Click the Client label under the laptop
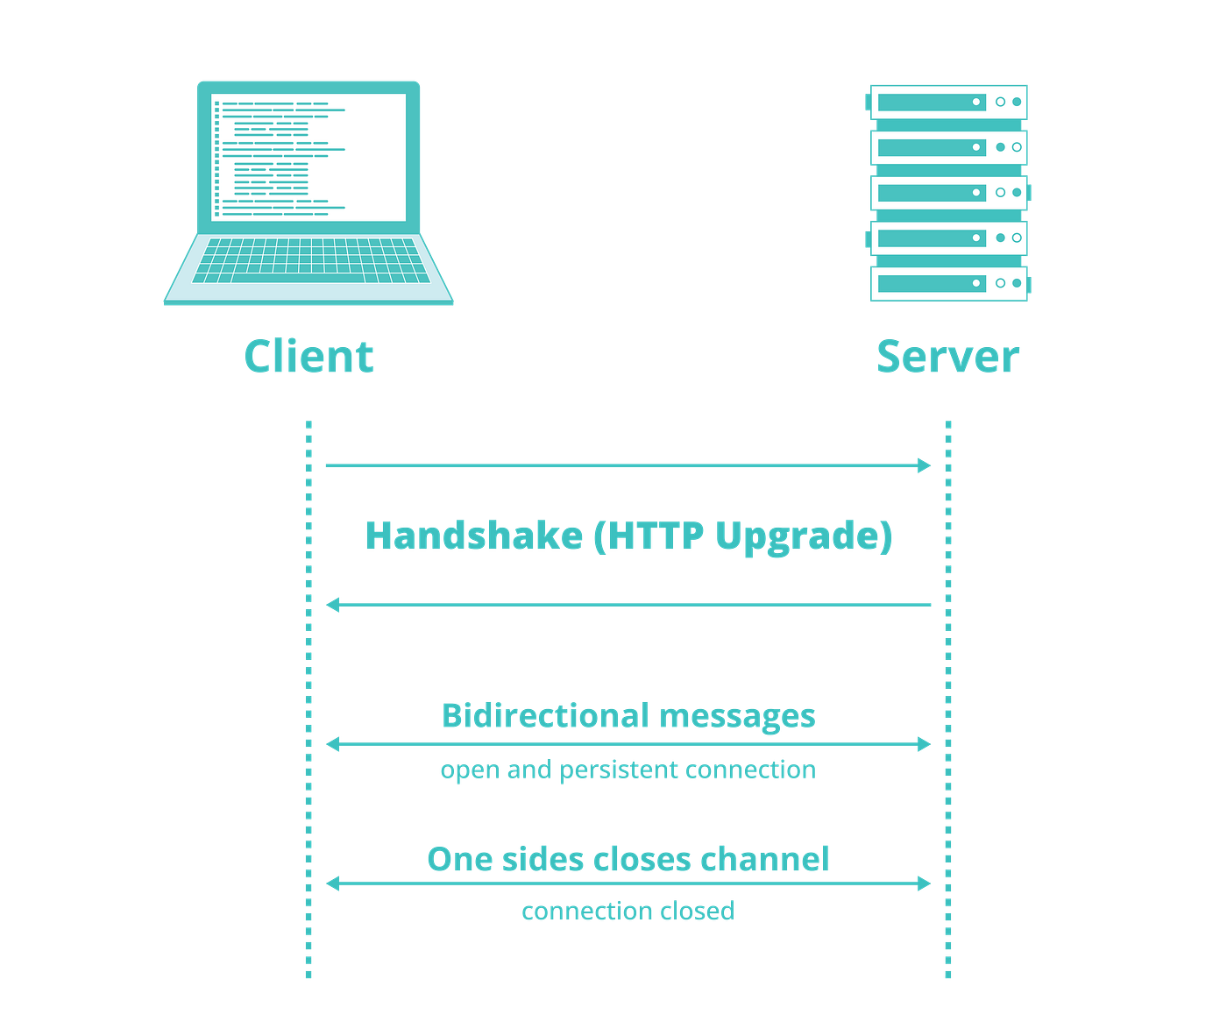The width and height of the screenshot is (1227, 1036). point(309,357)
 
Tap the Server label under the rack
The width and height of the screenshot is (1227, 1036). point(947,357)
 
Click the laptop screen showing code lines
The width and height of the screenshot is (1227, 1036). point(309,158)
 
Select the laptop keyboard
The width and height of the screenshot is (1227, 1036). point(309,261)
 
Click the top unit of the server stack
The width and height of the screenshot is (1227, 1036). point(948,102)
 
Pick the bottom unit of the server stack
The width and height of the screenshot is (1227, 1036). point(948,283)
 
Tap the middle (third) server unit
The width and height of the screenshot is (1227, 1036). point(948,193)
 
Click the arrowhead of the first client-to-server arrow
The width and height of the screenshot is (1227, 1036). point(926,465)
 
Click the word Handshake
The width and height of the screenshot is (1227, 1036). point(473,536)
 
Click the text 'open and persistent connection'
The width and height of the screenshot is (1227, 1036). point(628,770)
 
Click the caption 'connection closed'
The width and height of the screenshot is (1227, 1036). point(628,912)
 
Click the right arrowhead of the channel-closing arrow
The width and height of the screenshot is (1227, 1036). point(926,883)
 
